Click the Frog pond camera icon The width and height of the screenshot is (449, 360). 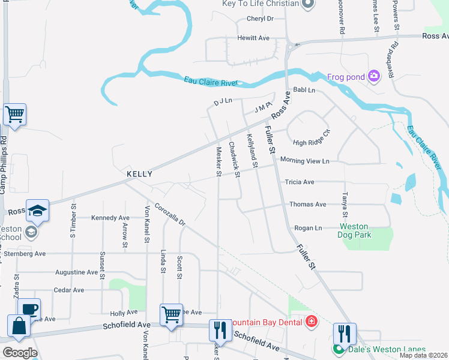coord(375,76)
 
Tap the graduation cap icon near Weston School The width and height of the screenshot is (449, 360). coord(37,211)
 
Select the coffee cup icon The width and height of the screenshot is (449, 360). coord(29,309)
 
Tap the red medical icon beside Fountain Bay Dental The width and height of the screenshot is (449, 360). coord(311,322)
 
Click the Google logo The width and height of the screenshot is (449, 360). coord(20,352)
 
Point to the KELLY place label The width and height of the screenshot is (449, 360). coord(139,174)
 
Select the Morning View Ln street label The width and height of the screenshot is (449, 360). coord(305,161)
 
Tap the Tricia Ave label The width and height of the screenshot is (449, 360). coord(300,182)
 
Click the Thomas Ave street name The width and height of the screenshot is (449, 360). coord(307,205)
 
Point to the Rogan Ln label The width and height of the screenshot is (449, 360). coord(308,228)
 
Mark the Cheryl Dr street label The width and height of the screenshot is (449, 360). coord(260,19)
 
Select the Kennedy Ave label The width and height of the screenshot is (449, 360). coord(110,218)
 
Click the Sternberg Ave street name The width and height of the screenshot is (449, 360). coord(25,254)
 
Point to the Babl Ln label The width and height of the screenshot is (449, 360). coord(304,90)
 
